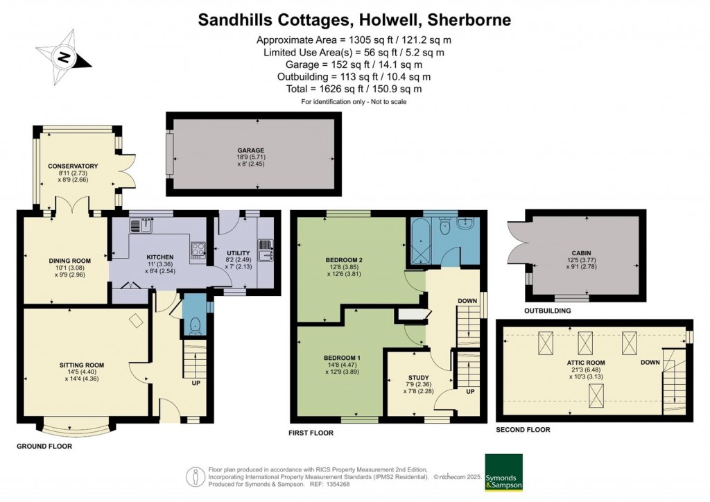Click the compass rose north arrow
[64, 57]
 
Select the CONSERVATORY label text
[73, 166]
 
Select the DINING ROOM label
[67, 260]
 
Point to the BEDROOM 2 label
[345, 260]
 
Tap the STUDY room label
[417, 379]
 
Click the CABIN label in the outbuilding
[582, 253]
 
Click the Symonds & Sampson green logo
[504, 471]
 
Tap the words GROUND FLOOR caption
[44, 447]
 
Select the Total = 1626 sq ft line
[354, 89]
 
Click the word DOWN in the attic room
[650, 363]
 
